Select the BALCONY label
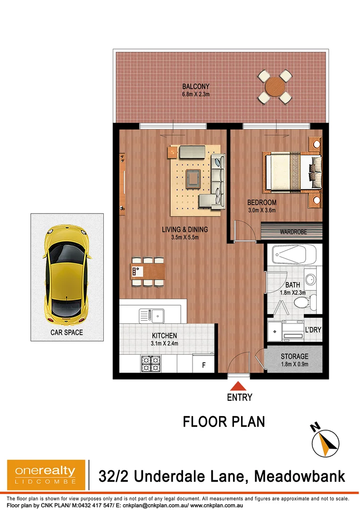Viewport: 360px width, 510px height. (x=195, y=86)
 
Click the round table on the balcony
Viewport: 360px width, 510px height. (x=274, y=86)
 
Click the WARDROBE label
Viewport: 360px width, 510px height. (x=293, y=232)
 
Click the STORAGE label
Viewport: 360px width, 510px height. (x=294, y=357)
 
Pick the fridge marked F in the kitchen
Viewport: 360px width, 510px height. (x=204, y=365)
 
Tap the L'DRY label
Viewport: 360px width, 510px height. (x=313, y=330)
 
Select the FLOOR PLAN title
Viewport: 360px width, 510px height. (x=224, y=421)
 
